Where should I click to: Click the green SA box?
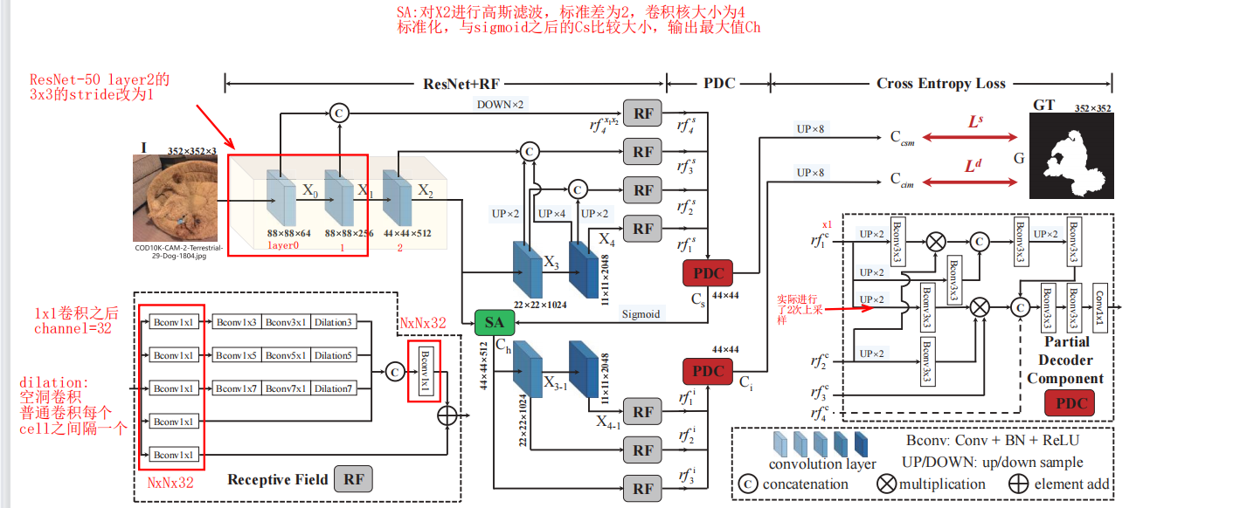(x=495, y=323)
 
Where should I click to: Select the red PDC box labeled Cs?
(x=708, y=273)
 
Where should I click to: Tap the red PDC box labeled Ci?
(x=708, y=371)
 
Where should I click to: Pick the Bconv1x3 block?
(x=238, y=322)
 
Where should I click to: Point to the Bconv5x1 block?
(x=286, y=354)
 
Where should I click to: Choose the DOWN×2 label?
(x=500, y=105)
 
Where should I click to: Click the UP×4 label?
(x=552, y=214)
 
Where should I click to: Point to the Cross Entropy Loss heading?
(x=941, y=84)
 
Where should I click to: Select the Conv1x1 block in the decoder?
(x=1101, y=306)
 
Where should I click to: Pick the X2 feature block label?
(x=425, y=189)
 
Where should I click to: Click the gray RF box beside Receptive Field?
(x=354, y=479)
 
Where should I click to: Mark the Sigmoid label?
(x=640, y=313)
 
